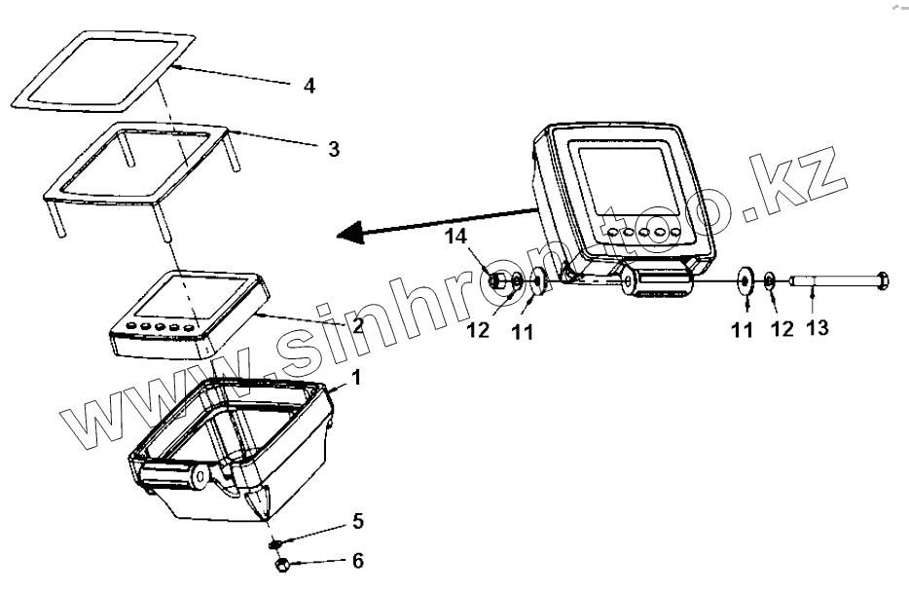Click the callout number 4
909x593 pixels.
click(x=309, y=86)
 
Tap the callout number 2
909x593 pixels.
click(x=358, y=325)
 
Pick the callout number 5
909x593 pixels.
click(x=358, y=522)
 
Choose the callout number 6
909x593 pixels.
click(x=358, y=561)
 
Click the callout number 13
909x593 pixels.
click(x=818, y=328)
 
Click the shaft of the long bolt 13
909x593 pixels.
click(x=827, y=282)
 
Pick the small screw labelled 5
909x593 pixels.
click(x=276, y=541)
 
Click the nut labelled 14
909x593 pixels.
click(x=497, y=282)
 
